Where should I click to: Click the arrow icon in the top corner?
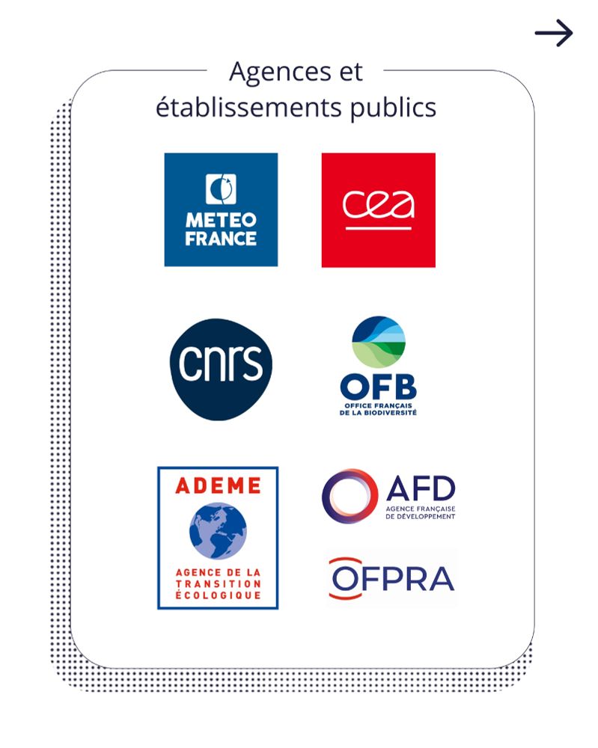click(554, 33)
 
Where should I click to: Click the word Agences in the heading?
click(280, 72)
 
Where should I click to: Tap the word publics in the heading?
click(393, 108)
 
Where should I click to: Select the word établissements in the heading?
click(249, 107)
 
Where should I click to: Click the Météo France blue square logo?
click(221, 209)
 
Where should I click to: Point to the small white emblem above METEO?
click(221, 189)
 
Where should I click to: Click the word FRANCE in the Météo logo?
click(221, 239)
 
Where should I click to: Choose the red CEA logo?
click(379, 210)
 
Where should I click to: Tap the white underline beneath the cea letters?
click(379, 228)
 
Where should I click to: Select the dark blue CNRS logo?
click(221, 370)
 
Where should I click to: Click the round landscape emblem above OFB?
click(379, 342)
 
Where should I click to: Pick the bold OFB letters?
click(379, 387)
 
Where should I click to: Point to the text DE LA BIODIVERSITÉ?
click(378, 413)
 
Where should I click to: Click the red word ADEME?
click(218, 485)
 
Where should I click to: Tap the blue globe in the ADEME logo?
click(218, 531)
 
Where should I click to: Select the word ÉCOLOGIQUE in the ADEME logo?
click(218, 595)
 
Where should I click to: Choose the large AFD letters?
click(421, 488)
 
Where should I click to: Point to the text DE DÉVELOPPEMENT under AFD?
click(421, 517)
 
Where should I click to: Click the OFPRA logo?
click(391, 578)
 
